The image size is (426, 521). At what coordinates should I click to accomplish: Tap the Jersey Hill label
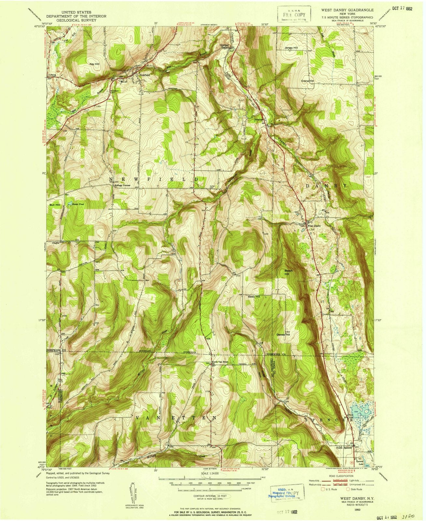291,48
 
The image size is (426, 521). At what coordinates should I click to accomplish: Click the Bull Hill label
55,205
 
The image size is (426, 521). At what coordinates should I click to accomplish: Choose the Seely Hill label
254,297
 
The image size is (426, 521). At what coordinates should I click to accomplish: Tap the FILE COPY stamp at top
291,15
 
